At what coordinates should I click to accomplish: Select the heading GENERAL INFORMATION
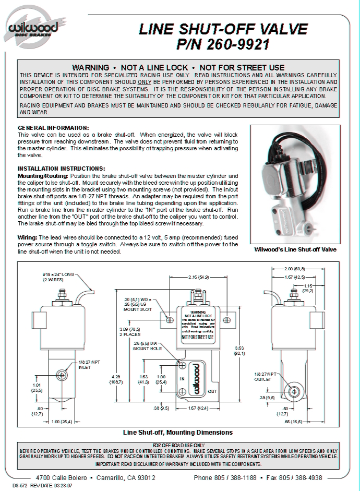click(53, 128)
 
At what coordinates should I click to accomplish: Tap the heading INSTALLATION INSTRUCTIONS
click(62, 169)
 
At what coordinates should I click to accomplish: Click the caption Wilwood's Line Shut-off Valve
click(295, 249)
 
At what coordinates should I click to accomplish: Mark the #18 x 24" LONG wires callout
click(59, 277)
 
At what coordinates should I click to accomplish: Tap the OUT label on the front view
click(212, 391)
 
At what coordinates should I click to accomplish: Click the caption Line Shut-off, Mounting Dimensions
click(178, 432)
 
